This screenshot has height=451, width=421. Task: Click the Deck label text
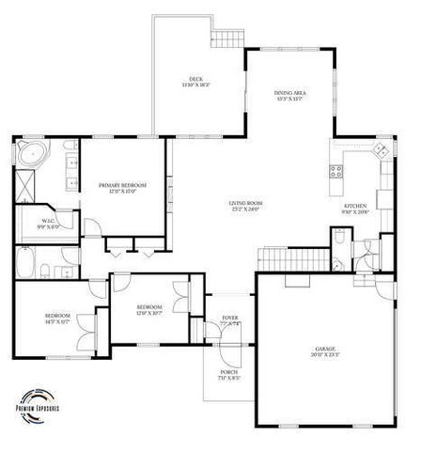pos(195,81)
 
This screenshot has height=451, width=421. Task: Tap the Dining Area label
pos(288,95)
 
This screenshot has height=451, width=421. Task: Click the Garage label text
pos(324,350)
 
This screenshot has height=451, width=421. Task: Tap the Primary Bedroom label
pos(123,188)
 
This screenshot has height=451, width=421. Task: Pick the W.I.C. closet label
pos(48,224)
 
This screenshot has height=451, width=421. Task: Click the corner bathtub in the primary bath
pos(31,153)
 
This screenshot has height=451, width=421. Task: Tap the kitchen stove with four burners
pos(335,171)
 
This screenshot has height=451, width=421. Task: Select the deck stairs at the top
pos(226,38)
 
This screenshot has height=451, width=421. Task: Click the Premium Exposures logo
pos(38,402)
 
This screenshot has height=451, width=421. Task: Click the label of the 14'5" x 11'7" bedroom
pos(58,319)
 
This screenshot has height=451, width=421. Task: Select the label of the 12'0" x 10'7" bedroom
pos(150,310)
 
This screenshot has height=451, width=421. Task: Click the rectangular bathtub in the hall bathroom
pos(25,262)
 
